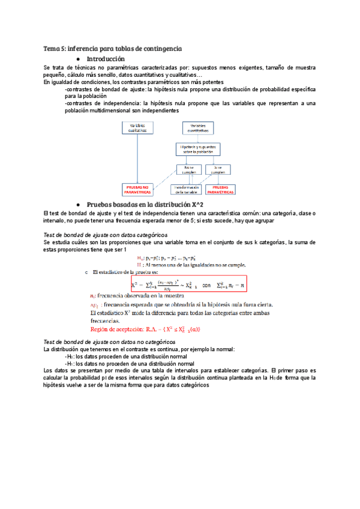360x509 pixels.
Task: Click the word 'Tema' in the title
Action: click(51, 48)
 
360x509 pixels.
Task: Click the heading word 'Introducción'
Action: click(106, 59)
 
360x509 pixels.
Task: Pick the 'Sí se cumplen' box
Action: click(217, 169)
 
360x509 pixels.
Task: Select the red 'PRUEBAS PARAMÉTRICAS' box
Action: click(221, 189)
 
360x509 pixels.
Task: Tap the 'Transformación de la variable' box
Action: click(185, 189)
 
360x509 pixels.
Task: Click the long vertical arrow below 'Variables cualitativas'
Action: click(137, 158)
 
